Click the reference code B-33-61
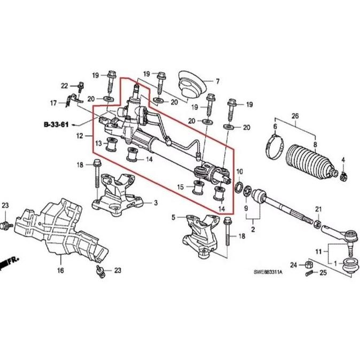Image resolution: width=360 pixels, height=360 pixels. click(57, 125)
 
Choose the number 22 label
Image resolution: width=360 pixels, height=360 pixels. click(65, 85)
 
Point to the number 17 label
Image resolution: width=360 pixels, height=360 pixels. click(53, 103)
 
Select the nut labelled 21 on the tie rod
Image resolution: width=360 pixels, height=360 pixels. click(317, 222)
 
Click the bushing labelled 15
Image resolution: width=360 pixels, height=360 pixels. click(199, 189)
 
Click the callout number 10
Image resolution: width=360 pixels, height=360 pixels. click(240, 171)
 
